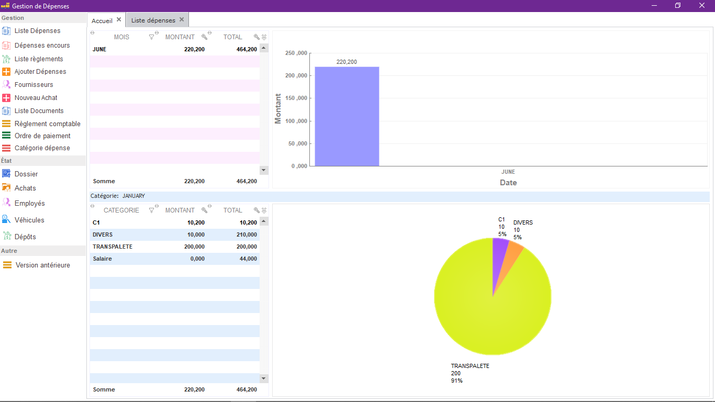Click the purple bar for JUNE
(x=347, y=116)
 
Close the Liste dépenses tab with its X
(x=182, y=19)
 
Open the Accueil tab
(x=102, y=21)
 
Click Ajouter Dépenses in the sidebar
(x=40, y=72)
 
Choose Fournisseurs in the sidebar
(x=34, y=85)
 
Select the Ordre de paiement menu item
(x=42, y=136)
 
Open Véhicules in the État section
(x=29, y=220)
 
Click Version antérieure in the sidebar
(x=43, y=265)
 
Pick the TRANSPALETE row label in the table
(x=113, y=247)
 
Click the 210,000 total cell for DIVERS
(x=247, y=234)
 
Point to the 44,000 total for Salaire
(x=248, y=259)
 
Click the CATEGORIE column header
(x=121, y=210)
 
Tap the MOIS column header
(x=121, y=37)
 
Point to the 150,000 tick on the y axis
(x=296, y=98)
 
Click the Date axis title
(x=508, y=183)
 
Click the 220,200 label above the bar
(x=347, y=62)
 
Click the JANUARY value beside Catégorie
(x=133, y=196)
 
